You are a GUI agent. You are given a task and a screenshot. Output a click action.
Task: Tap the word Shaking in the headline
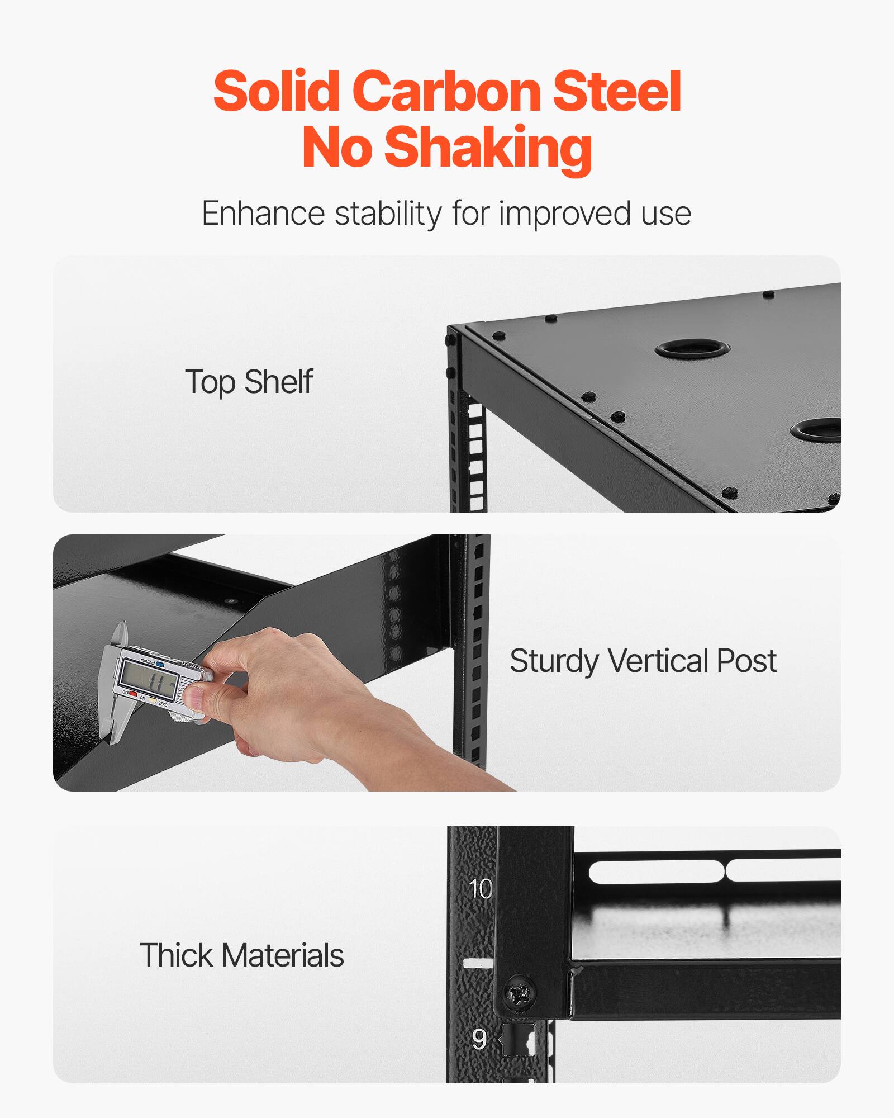[488, 147]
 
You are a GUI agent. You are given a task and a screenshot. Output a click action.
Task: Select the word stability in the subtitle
[388, 214]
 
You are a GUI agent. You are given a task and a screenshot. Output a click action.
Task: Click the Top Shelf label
[249, 382]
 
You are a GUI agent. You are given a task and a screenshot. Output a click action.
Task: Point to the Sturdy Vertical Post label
[643, 661]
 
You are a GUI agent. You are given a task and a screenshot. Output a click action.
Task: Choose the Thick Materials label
[241, 955]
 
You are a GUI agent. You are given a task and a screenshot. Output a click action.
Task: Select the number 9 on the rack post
[479, 1039]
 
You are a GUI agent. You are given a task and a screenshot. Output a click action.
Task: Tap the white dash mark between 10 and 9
[478, 963]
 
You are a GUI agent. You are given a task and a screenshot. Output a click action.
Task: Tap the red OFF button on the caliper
[133, 694]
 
